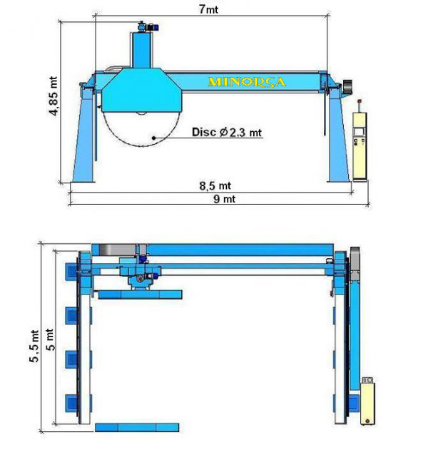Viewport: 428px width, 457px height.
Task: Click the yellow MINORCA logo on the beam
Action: click(x=247, y=82)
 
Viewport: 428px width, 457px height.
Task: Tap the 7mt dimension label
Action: click(x=208, y=9)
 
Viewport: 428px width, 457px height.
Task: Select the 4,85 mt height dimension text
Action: click(x=54, y=96)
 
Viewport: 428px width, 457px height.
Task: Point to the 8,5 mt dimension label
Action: click(x=215, y=185)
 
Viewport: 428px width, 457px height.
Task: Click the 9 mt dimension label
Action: click(x=224, y=199)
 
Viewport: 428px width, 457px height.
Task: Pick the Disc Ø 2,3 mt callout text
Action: click(x=227, y=133)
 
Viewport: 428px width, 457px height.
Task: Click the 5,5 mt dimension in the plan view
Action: click(x=34, y=346)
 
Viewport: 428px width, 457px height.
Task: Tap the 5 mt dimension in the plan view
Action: click(x=50, y=339)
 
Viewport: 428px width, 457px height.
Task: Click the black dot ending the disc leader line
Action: click(x=153, y=138)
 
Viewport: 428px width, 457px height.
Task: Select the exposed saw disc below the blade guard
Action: click(x=141, y=128)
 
